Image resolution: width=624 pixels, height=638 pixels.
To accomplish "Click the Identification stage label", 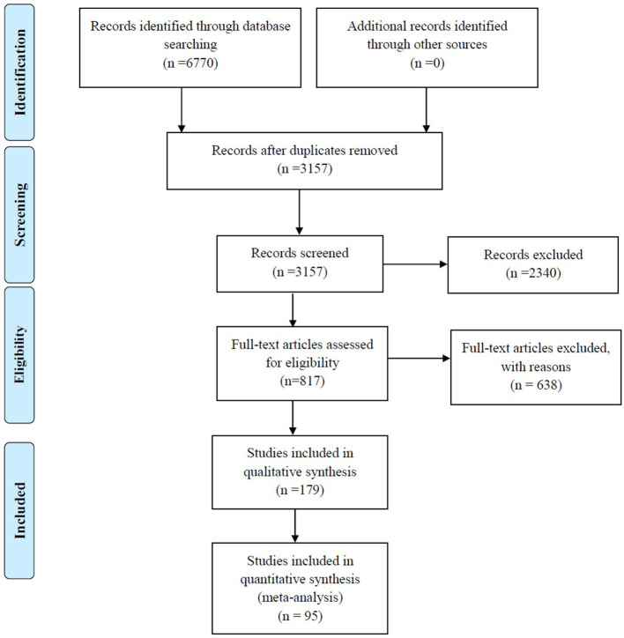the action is click(x=19, y=72).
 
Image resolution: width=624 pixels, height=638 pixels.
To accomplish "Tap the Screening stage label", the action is click(x=19, y=214).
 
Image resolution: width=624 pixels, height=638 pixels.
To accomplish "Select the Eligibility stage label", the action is click(x=19, y=354).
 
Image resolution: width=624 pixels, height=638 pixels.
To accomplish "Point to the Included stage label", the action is click(x=19, y=510).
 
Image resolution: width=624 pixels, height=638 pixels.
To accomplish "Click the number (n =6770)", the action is click(x=190, y=63).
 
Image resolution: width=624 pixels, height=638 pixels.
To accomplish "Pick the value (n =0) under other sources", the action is click(x=427, y=63).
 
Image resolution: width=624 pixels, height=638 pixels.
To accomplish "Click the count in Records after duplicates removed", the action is click(x=304, y=168).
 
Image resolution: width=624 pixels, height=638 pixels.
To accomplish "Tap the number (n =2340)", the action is click(x=533, y=273).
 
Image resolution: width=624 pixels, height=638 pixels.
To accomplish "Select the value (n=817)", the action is click(x=302, y=382).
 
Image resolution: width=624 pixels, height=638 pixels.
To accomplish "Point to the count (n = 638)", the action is click(x=536, y=385).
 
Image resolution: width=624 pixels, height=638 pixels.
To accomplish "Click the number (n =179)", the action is click(x=300, y=490).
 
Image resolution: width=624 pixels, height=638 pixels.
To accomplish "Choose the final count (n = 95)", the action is click(x=300, y=616).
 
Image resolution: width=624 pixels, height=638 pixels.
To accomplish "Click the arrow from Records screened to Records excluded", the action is click(x=415, y=264).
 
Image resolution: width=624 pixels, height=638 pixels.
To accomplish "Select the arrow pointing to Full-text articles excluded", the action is click(x=419, y=359).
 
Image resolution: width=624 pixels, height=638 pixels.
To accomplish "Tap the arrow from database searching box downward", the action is click(x=182, y=110).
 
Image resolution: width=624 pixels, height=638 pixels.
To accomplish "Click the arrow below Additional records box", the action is click(x=427, y=110).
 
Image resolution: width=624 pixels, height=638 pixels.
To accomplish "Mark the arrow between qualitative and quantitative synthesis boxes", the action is click(x=295, y=526).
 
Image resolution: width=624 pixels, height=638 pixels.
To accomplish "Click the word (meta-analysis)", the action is click(x=300, y=597).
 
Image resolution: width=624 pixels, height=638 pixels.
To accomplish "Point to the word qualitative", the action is click(x=271, y=472).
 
